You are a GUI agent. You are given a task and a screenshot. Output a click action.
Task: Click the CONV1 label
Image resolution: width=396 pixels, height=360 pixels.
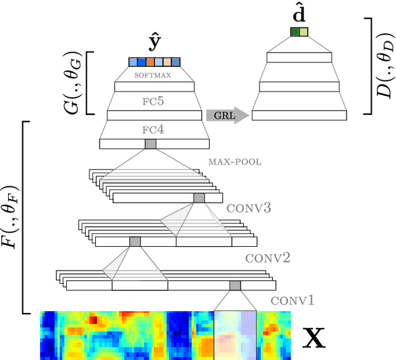pyautogui.click(x=293, y=301)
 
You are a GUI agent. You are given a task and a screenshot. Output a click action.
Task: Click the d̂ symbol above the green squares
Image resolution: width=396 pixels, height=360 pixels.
pyautogui.click(x=299, y=14)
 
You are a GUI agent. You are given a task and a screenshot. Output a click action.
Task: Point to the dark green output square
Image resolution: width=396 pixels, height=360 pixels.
pyautogui.click(x=295, y=32)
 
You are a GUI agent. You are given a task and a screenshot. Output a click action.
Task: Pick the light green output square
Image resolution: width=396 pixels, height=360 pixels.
pyautogui.click(x=303, y=32)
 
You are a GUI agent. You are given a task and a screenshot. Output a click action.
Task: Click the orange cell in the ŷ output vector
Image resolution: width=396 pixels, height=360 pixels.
pyautogui.click(x=150, y=62)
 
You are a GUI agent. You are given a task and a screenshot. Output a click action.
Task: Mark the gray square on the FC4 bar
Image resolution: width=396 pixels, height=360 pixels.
pyautogui.click(x=150, y=144)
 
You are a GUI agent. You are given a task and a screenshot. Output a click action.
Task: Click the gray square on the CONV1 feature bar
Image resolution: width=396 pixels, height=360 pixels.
pyautogui.click(x=235, y=285)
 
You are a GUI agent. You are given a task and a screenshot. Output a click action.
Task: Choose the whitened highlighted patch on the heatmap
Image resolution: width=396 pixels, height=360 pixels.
pyautogui.click(x=235, y=335)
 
